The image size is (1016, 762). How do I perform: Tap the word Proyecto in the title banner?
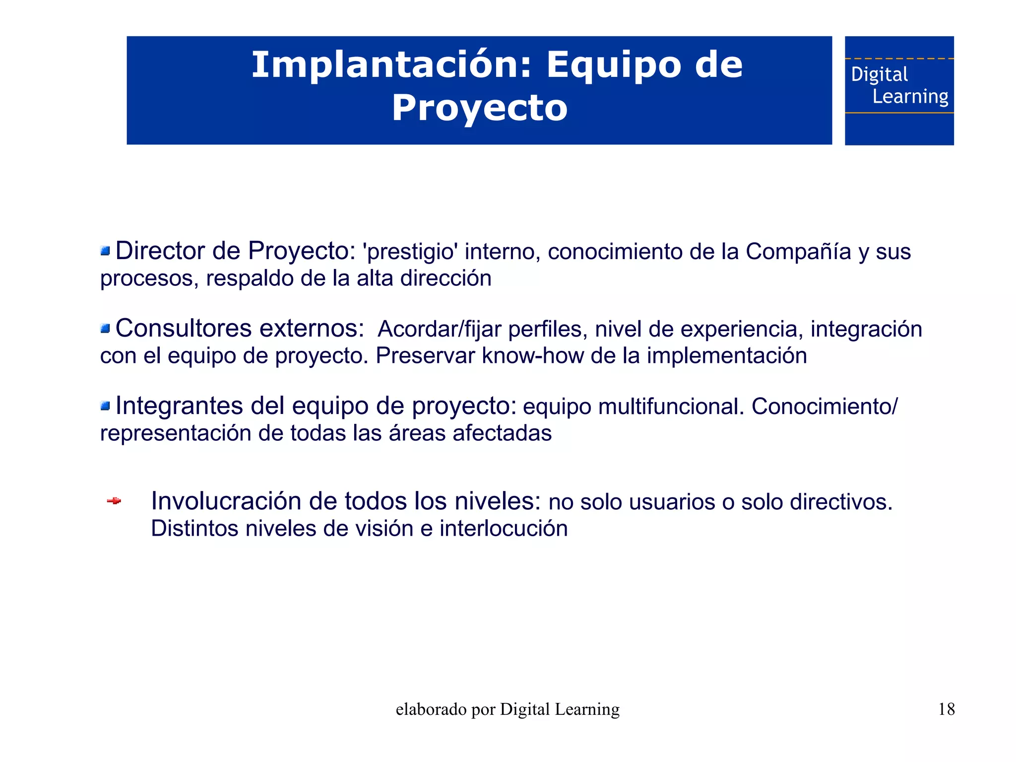click(479, 108)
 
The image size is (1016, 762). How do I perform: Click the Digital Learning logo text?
click(899, 85)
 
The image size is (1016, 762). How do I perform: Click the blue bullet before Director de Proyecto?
click(105, 251)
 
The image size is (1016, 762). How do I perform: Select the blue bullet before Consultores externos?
click(105, 329)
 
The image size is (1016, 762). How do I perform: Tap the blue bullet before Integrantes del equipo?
click(105, 406)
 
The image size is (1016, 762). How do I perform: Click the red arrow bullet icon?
click(114, 501)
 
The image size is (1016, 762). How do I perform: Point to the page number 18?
click(946, 709)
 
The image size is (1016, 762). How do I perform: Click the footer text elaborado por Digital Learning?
click(508, 709)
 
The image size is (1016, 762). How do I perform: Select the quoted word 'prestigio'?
click(410, 252)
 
